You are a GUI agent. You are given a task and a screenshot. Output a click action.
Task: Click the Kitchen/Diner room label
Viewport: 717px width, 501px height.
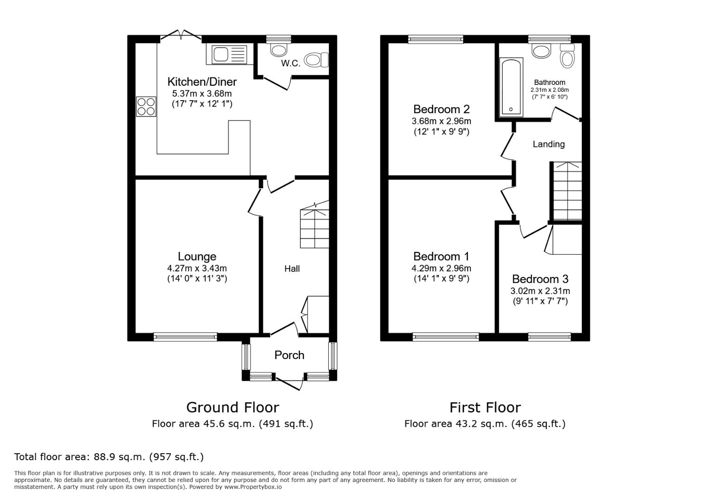point(202,82)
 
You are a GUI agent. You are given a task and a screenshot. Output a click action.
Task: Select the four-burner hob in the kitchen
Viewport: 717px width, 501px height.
point(146,106)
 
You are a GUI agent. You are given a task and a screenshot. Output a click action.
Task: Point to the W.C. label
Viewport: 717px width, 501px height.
point(291,64)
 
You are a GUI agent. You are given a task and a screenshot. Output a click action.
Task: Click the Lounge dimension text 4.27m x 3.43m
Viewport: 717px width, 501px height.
point(197,268)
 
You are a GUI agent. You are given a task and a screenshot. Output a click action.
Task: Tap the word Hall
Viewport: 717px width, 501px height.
point(292,269)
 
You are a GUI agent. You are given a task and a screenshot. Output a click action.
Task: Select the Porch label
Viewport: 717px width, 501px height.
point(289,355)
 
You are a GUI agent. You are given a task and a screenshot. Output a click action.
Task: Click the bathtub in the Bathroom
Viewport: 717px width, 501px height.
point(511,87)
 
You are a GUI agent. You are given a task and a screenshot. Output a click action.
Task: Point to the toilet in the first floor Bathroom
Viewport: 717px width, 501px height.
point(567,56)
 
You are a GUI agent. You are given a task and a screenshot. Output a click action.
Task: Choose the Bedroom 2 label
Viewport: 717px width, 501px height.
point(441,109)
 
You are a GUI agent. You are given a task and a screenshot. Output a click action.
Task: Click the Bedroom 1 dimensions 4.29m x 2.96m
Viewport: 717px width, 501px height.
point(441,268)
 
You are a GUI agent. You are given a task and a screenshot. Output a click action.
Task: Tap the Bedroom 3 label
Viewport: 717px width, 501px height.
point(540,279)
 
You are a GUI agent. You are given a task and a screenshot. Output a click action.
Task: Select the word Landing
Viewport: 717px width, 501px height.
point(548,144)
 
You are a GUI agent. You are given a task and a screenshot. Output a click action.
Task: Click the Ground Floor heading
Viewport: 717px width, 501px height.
point(232,407)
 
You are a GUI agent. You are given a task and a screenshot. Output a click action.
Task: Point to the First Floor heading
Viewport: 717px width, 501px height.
point(485,407)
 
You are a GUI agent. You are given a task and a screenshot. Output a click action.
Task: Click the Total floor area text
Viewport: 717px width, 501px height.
point(109,457)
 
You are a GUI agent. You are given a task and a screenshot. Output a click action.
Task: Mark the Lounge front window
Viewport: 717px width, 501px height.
point(185,337)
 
